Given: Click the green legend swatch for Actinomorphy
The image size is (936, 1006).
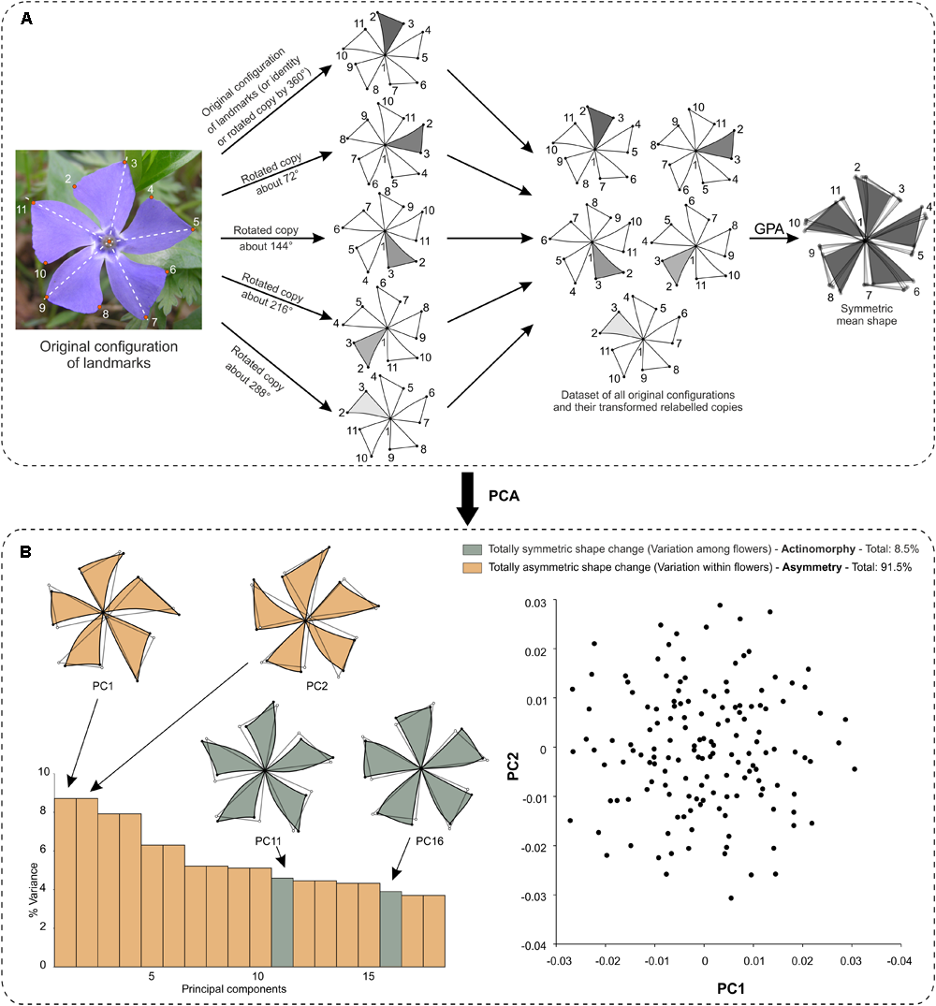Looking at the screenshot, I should [x=469, y=550].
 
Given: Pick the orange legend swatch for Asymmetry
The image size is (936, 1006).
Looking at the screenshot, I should [x=469, y=566].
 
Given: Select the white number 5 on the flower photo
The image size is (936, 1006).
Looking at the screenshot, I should [x=195, y=223].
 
